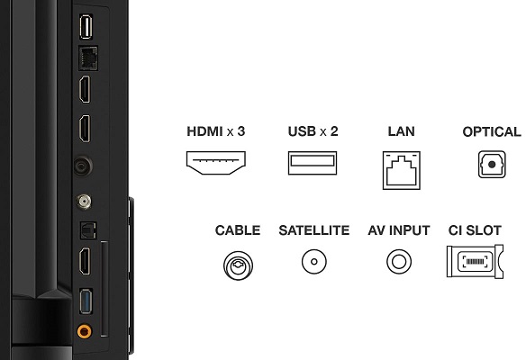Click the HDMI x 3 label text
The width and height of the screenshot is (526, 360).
pos(215,131)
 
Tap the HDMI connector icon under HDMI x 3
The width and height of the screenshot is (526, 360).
pos(215,163)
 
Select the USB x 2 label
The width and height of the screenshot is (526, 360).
pos(313,131)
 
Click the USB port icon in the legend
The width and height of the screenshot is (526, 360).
pos(313,163)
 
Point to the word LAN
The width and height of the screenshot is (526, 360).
pos(401,131)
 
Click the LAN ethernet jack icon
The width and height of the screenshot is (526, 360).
pos(402,170)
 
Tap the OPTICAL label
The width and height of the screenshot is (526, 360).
pos(492,131)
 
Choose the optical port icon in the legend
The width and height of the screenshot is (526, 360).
pos(492,164)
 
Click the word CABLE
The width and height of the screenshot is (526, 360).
pos(238,230)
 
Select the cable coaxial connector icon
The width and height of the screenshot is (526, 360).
pos(238,265)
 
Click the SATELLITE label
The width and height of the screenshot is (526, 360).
pos(314,230)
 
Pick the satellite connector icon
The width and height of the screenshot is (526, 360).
pos(314,262)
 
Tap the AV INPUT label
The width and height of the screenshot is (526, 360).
pos(399,230)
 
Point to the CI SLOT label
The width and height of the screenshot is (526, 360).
pos(475,230)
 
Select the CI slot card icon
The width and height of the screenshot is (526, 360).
pos(475,261)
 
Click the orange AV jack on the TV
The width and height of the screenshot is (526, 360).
pos(84,331)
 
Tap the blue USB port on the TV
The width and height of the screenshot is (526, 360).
pos(86,301)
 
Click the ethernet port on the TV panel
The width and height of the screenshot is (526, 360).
pos(88,58)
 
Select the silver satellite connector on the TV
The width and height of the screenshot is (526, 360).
pos(84,202)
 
